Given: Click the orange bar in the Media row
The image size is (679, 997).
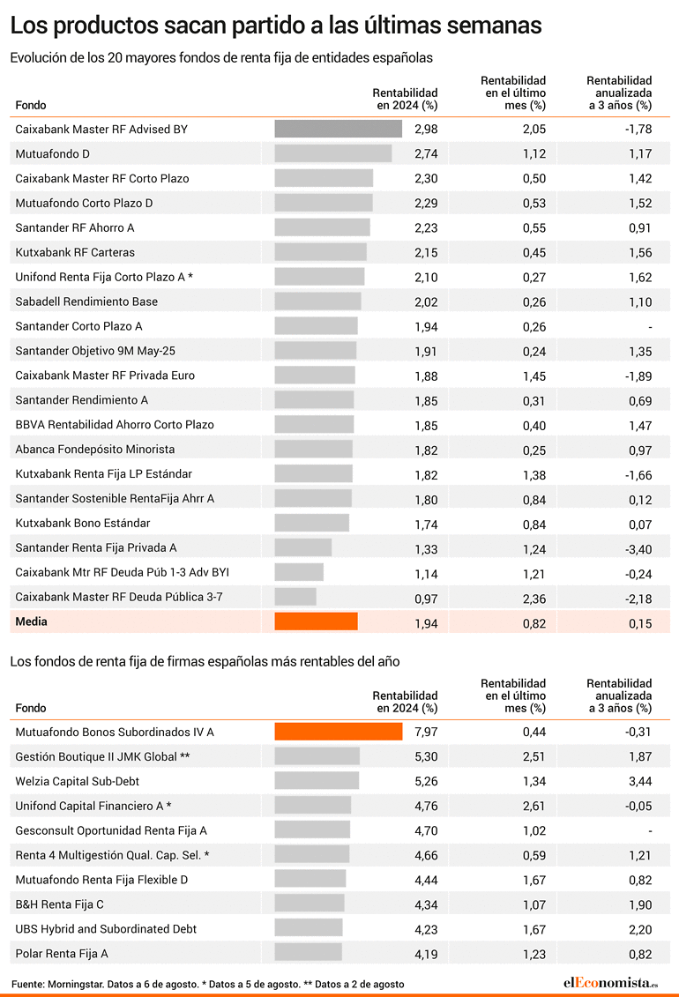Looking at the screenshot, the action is coord(316,621).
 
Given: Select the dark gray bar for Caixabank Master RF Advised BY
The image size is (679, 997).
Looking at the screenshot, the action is coord(339,129).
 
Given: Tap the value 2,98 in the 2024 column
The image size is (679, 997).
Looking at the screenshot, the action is coord(426,129).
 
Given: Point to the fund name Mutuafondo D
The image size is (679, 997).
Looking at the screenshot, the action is coord(53,154).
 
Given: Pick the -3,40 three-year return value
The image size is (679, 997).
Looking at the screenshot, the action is coord(638,549).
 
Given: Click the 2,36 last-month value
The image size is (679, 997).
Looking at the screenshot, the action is coord(534,599).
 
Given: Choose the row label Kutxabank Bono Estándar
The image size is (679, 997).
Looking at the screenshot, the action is coord(83,524).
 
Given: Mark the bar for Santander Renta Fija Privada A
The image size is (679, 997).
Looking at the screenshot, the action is coord(303,547).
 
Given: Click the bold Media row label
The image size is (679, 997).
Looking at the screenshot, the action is coord(31,621).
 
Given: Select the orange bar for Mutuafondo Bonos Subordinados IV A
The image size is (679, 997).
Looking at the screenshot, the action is coord(339,731).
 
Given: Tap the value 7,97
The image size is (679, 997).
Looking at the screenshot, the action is coord(426,732).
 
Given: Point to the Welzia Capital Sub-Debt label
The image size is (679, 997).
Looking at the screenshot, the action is coord(77,781).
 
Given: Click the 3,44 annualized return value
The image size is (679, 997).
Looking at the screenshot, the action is coord(640,781).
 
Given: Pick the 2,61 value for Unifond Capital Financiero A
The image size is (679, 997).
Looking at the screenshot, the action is coord(534,807).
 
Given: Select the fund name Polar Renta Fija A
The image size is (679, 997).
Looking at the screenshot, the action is coord(62,954).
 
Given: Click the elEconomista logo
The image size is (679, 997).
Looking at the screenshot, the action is coord(610,983).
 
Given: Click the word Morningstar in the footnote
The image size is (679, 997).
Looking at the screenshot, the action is coord(73,985).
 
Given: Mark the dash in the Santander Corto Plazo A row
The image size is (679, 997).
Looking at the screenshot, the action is coord(650,327).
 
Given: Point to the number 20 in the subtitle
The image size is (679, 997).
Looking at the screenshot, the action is coord(115,58).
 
